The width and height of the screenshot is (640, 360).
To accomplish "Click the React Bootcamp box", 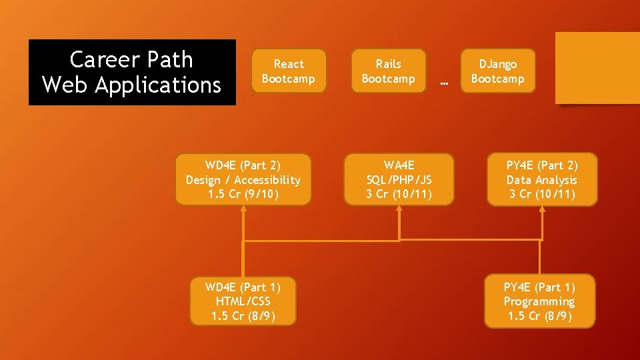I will coord(289,71).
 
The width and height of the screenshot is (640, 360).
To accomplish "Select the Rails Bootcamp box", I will coord(388,71).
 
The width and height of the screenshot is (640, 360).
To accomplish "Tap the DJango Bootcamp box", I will coord(497,71).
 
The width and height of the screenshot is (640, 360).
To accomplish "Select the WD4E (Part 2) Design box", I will coord(243,179).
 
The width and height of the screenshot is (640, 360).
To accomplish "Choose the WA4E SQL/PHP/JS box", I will coord(399,179).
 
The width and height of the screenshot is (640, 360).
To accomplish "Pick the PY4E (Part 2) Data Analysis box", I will coord(542,179).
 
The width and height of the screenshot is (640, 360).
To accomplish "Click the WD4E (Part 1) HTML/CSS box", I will coord(243,301).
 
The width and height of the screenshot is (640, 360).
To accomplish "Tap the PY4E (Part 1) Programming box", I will coord(539,301).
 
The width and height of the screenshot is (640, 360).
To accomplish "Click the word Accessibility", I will coord(267,180).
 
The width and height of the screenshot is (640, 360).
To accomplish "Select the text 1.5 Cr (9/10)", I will coord(243,195).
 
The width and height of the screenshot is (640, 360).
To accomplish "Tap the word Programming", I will coord(539,302).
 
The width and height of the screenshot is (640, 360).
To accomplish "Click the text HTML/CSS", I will coord(243,302).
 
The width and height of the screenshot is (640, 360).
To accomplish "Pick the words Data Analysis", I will coord(542,180).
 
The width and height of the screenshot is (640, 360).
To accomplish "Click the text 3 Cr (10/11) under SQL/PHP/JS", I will coord(399,195).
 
